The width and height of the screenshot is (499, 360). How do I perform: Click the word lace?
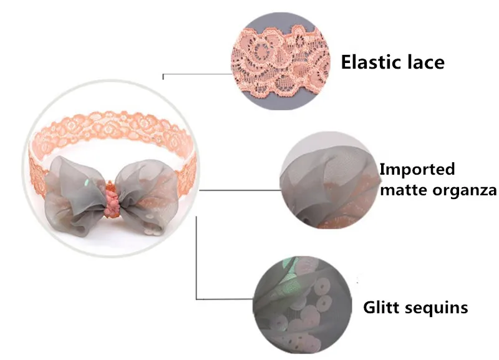(x=425, y=62)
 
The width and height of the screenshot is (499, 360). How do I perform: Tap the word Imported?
(x=417, y=169)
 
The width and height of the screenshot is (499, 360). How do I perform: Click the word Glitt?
(x=381, y=308)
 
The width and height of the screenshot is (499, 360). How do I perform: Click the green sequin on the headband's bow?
(x=87, y=183)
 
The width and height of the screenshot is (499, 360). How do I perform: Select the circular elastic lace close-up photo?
(x=281, y=61)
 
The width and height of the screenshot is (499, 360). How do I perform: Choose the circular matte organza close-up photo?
(x=330, y=180)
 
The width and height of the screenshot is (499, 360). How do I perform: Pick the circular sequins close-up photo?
(x=303, y=305)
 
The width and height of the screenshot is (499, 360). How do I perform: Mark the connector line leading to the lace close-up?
(x=197, y=74)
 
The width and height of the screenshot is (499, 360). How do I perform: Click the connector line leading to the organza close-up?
(x=240, y=190)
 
